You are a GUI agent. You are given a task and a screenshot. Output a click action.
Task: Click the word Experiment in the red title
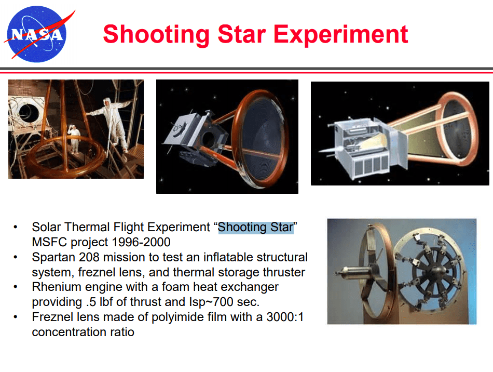tap(341, 35)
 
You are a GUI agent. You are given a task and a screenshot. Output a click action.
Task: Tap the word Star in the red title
tap(242, 34)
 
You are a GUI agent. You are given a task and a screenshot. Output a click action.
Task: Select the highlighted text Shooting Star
tap(256, 227)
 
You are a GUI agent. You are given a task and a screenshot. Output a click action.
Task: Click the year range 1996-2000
tap(141, 242)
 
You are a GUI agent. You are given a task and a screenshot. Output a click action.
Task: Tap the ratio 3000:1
tap(285, 317)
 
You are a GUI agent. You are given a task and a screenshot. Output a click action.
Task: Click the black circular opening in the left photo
tap(29, 112)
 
